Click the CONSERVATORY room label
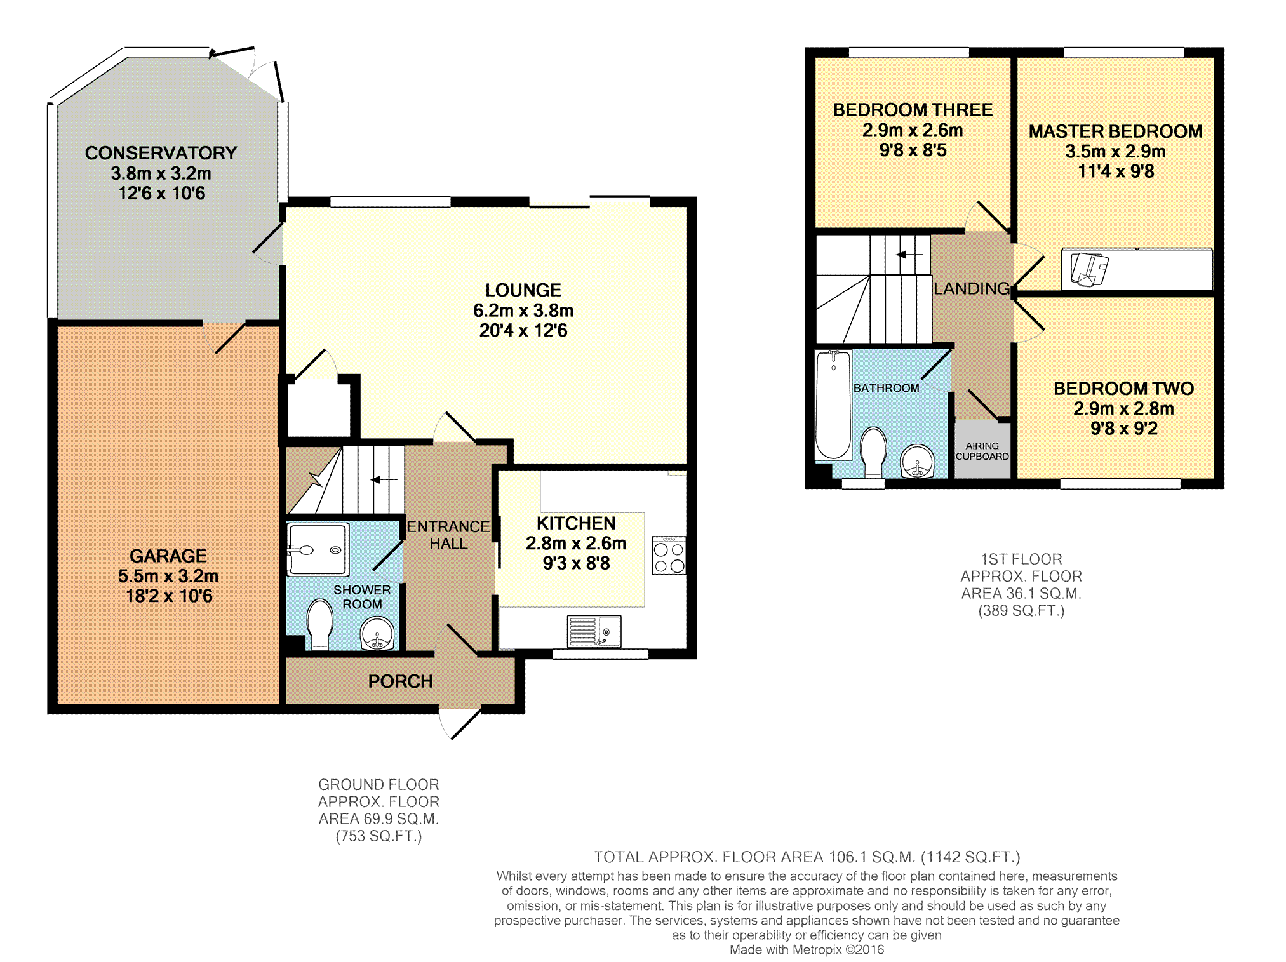pyautogui.click(x=161, y=153)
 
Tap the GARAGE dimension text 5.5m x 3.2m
pyautogui.click(x=168, y=576)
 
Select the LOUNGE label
pyautogui.click(x=523, y=290)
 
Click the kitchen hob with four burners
pyautogui.click(x=669, y=556)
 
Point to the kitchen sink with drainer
pyautogui.click(x=594, y=631)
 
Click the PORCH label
pyautogui.click(x=400, y=681)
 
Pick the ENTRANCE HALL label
pyautogui.click(x=448, y=535)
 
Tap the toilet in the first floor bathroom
pyautogui.click(x=873, y=451)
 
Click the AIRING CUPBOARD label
pyautogui.click(x=982, y=451)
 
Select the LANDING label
pyautogui.click(x=972, y=288)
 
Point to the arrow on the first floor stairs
pyautogui.click(x=909, y=255)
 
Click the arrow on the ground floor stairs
pyautogui.click(x=384, y=480)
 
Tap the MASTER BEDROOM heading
pyautogui.click(x=1115, y=131)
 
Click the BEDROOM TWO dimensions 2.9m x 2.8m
pyautogui.click(x=1123, y=408)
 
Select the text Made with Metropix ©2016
pyautogui.click(x=806, y=950)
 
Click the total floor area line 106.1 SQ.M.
pyautogui.click(x=807, y=857)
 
